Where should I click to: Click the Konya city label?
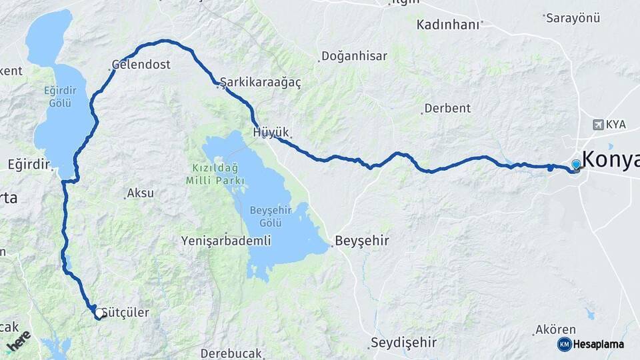click(610, 159)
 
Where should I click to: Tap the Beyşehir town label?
click(362, 240)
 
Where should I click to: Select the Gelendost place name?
click(141, 65)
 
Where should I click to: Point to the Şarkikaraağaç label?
click(261, 82)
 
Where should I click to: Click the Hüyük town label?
click(271, 132)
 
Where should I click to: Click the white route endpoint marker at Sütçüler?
click(99, 313)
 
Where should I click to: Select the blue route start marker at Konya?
click(576, 163)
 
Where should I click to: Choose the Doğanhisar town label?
click(354, 56)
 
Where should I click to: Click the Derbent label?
click(447, 108)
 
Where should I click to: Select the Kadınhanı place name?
click(448, 25)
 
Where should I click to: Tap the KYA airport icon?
click(598, 125)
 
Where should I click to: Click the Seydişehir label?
click(403, 343)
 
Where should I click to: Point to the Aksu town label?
click(140, 193)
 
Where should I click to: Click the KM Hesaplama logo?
click(591, 344)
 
